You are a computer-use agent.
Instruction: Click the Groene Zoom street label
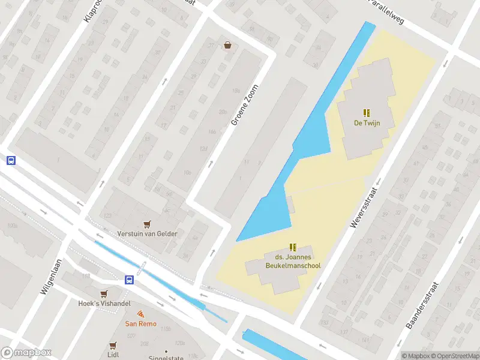[247, 104]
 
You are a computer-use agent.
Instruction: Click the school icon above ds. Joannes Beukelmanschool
[293, 247]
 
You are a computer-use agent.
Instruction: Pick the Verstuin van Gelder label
[148, 233]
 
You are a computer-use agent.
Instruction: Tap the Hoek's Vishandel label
[105, 304]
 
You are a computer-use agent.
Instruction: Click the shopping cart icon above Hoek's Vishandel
[105, 293]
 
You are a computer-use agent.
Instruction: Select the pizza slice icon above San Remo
[140, 314]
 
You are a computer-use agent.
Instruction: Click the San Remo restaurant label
[140, 324]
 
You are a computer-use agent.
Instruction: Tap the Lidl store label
[113, 355]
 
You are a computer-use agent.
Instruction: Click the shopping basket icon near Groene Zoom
[228, 45]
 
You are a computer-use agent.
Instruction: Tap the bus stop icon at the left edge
[10, 160]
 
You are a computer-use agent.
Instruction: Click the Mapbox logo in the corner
[26, 353]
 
